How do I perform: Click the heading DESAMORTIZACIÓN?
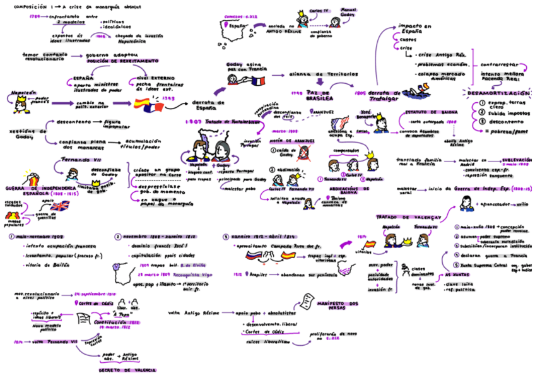pyautogui.click(x=499, y=92)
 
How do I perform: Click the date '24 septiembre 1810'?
pyautogui.click(x=95, y=294)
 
